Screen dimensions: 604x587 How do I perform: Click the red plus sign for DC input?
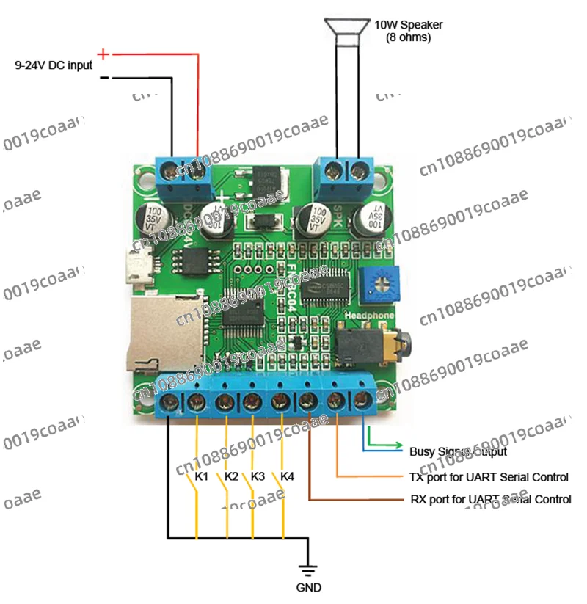[x=103, y=54]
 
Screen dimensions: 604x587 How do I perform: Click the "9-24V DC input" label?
[x=54, y=65]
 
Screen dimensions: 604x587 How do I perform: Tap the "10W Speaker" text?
[x=408, y=25]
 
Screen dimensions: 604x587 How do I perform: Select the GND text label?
[x=307, y=588]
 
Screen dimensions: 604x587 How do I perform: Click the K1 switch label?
[x=202, y=476]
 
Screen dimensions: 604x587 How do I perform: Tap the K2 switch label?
[x=231, y=476]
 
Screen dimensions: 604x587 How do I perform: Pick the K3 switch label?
[x=258, y=476]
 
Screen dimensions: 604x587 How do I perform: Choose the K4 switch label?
[x=288, y=476]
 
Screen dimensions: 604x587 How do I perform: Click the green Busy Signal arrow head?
[x=399, y=445]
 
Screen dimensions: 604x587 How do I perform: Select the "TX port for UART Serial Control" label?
[x=489, y=477]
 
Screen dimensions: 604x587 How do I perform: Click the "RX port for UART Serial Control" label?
[x=490, y=500]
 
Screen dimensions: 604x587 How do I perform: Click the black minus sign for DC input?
[x=104, y=77]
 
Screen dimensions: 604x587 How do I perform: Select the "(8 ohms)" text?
[x=408, y=37]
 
